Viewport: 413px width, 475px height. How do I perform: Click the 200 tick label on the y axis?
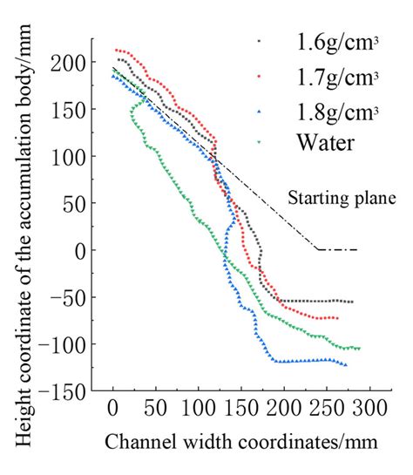[74, 63]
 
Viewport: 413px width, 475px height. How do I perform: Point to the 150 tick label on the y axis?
[74, 110]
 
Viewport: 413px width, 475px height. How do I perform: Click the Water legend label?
[324, 142]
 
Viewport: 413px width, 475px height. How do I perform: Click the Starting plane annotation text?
[342, 198]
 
